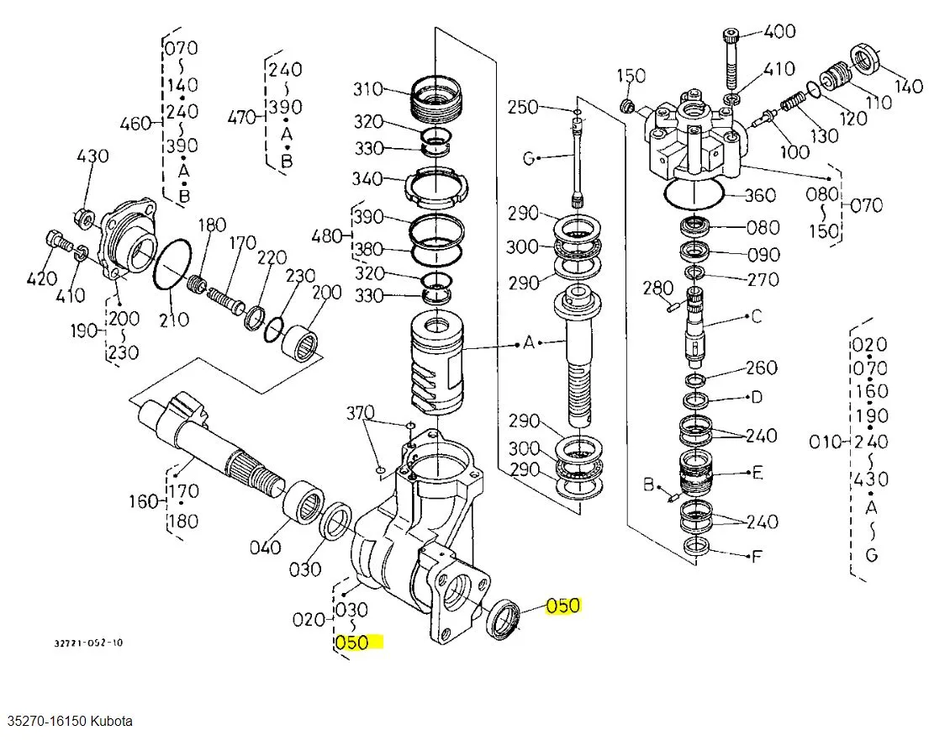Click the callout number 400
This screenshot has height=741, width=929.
pos(779,31)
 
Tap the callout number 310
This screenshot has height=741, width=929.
pos(368,89)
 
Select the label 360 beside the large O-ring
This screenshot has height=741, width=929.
pos(760,195)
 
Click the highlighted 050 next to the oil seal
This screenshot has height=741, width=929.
pos(563,606)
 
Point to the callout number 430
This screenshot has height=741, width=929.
pos(93,156)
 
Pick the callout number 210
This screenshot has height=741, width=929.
pos(174,320)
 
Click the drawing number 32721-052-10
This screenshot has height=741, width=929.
pos(89,643)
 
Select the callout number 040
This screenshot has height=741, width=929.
pos(265,548)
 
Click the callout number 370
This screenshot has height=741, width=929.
pos(360,412)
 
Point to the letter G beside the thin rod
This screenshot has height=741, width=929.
pos(529,158)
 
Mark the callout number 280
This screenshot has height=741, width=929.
pos(658,288)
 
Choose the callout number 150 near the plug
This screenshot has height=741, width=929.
pos(631,76)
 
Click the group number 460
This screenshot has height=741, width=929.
pos(135,124)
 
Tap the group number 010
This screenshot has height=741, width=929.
pos(826,442)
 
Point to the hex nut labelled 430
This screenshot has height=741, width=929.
pos(85,220)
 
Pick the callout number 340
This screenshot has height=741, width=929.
pos(367,178)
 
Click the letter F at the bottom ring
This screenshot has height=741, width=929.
pos(757,556)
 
